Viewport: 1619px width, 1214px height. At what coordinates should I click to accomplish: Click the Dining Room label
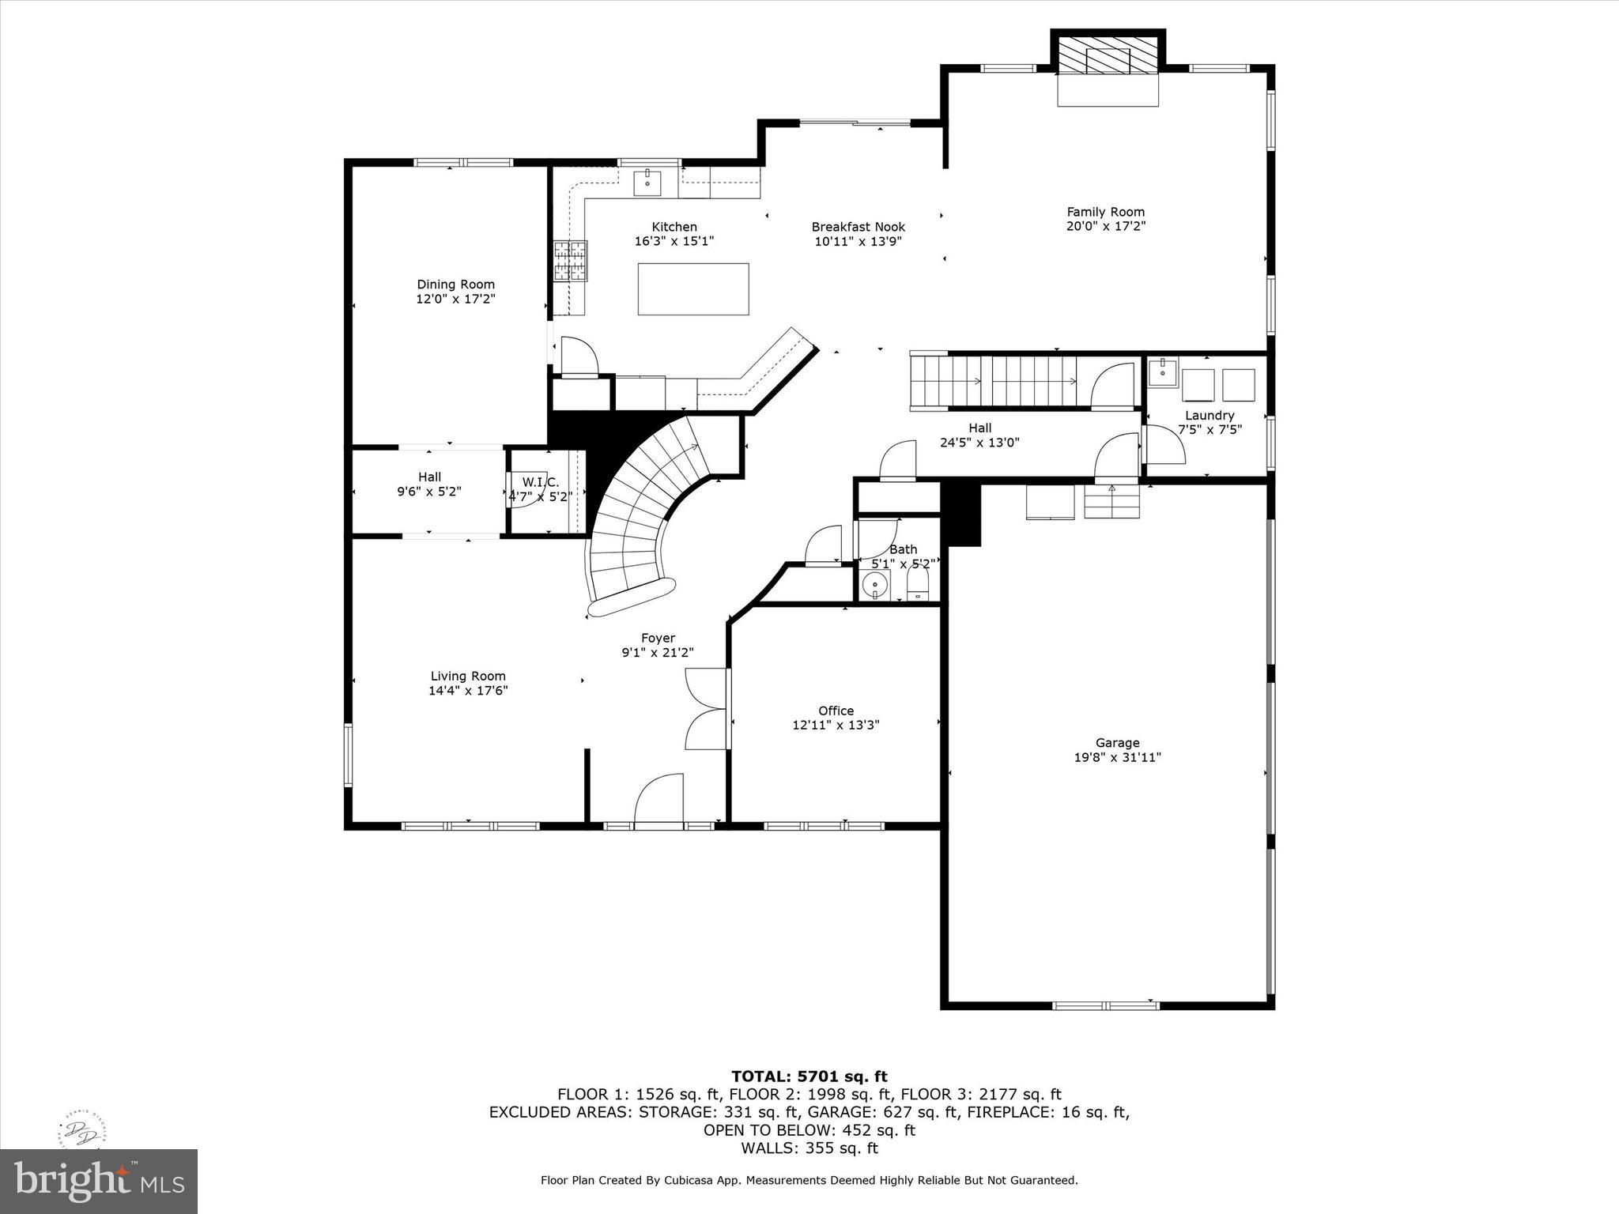(x=455, y=285)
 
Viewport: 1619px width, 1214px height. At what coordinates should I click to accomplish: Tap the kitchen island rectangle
(x=693, y=289)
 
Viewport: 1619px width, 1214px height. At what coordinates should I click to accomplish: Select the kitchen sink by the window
(x=647, y=183)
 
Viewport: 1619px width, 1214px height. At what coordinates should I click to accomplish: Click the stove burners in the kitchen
(x=571, y=261)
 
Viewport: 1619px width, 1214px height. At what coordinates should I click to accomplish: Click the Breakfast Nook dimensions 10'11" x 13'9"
(x=858, y=242)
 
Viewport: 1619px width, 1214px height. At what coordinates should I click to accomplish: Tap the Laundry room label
(x=1209, y=416)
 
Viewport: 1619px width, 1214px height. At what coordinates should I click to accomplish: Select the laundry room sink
(x=1163, y=371)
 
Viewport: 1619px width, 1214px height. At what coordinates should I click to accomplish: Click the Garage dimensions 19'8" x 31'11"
(x=1117, y=757)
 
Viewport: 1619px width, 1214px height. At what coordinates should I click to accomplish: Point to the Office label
(x=836, y=711)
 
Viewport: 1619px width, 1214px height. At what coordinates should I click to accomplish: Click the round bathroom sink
(x=874, y=586)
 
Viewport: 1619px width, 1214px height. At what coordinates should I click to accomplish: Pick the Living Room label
(x=468, y=676)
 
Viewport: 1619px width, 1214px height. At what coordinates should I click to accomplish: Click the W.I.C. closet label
(x=541, y=482)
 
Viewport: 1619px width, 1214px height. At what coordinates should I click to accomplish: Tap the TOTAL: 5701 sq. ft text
(x=809, y=1076)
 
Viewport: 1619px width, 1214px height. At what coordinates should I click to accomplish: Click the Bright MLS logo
(x=99, y=1181)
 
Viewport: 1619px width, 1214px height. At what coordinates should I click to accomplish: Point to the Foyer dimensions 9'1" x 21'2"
(x=658, y=653)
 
